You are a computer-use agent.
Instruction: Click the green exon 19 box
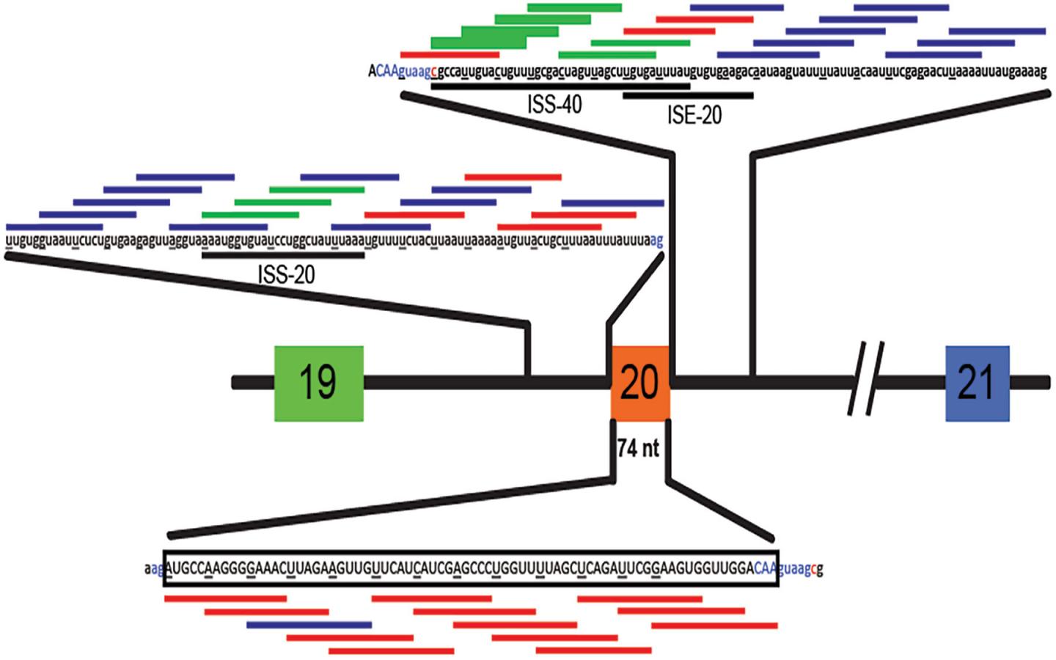coord(319,383)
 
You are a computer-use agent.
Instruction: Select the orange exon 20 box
coord(639,382)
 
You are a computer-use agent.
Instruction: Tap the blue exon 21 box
coord(977,384)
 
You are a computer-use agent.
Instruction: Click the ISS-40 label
coord(554,105)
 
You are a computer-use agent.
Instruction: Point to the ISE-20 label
coord(694,115)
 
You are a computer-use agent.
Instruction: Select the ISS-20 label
coord(286,275)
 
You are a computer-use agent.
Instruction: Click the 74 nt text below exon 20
coord(638,449)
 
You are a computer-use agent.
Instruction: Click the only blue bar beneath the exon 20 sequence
coord(309,625)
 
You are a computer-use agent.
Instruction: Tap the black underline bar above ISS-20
coord(283,255)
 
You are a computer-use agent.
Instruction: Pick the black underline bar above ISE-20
coord(688,95)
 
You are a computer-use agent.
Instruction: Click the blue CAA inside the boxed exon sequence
coord(764,568)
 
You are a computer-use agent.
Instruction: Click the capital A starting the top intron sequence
coord(372,72)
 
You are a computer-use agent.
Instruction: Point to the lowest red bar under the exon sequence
coord(391,650)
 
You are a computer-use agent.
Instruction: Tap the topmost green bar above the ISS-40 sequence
coord(574,7)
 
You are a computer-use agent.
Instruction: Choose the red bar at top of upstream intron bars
coord(513,177)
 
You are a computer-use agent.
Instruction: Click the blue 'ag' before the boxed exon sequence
coord(157,568)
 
